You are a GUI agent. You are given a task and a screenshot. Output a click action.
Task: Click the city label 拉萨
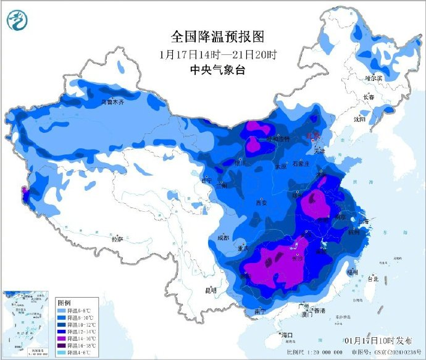[x=117, y=238]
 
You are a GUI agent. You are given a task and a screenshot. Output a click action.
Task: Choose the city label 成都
[x=223, y=238]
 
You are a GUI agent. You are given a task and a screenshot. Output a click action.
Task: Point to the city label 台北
[x=372, y=279]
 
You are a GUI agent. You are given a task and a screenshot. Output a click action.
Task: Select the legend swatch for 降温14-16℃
[x=62, y=340]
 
